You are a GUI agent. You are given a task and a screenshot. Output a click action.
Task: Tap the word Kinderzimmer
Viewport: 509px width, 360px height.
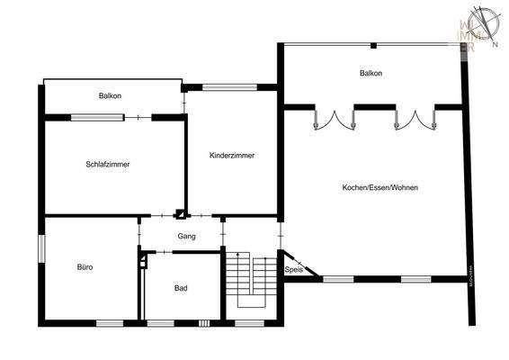[231, 156]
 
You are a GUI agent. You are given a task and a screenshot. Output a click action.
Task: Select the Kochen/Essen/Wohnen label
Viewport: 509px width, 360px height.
[380, 187]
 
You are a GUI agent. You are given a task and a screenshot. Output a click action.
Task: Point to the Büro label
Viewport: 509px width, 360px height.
[85, 267]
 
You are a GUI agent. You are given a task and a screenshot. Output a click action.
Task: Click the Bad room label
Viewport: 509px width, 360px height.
[181, 288]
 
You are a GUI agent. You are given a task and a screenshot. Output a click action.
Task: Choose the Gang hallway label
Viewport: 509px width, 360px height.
[186, 236]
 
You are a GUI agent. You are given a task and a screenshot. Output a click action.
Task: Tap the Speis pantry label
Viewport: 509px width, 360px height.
[292, 269]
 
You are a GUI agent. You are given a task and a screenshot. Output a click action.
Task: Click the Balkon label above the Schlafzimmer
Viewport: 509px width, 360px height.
[112, 95]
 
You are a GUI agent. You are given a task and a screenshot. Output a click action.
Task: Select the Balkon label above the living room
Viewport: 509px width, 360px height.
[371, 74]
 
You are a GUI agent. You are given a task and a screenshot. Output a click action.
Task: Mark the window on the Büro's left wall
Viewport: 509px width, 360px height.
[40, 249]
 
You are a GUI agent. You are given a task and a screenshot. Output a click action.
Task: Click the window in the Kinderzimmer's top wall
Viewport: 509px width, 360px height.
[221, 87]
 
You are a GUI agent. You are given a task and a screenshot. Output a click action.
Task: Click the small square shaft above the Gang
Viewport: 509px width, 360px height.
[179, 214]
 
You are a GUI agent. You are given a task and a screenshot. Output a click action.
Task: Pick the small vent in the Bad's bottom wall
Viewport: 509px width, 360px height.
[204, 322]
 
